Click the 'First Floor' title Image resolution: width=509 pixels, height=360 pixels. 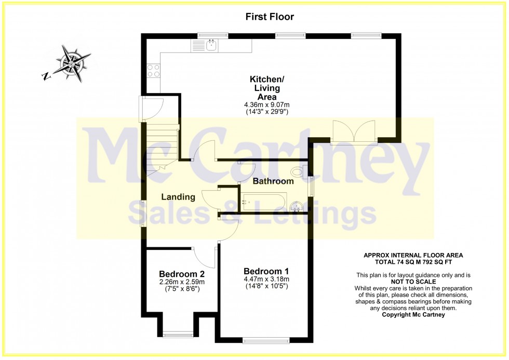point(270,17)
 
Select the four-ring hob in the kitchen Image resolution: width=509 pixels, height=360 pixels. point(154,71)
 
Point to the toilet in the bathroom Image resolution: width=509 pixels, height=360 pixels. point(299,172)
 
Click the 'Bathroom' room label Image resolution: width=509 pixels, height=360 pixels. point(273,181)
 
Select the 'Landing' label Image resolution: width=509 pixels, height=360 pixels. point(178,197)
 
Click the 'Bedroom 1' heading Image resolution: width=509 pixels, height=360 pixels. point(266,271)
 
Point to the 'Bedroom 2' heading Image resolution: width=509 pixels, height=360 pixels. point(182,274)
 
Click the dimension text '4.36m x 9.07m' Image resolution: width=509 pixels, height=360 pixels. point(266,105)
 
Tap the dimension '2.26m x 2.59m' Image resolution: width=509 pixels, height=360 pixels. point(182,282)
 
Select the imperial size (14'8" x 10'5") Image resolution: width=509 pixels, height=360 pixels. point(266,286)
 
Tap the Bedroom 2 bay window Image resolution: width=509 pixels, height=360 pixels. point(178,334)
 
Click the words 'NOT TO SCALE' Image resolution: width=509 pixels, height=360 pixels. point(413,282)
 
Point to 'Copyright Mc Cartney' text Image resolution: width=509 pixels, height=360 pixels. point(413,315)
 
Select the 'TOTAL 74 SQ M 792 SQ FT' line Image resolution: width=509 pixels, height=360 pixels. point(413,262)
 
